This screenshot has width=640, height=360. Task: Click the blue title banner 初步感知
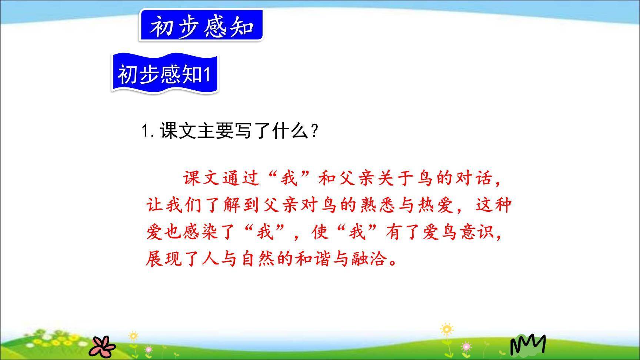click(201, 26)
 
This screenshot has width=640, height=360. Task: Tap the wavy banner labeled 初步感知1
click(164, 74)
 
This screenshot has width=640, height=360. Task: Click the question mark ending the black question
click(314, 131)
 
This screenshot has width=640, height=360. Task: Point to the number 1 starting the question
click(145, 131)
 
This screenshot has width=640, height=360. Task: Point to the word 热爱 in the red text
click(436, 205)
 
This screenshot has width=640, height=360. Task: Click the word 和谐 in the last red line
click(313, 259)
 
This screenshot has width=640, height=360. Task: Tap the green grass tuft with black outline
click(527, 344)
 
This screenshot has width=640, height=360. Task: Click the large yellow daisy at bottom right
click(447, 329)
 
